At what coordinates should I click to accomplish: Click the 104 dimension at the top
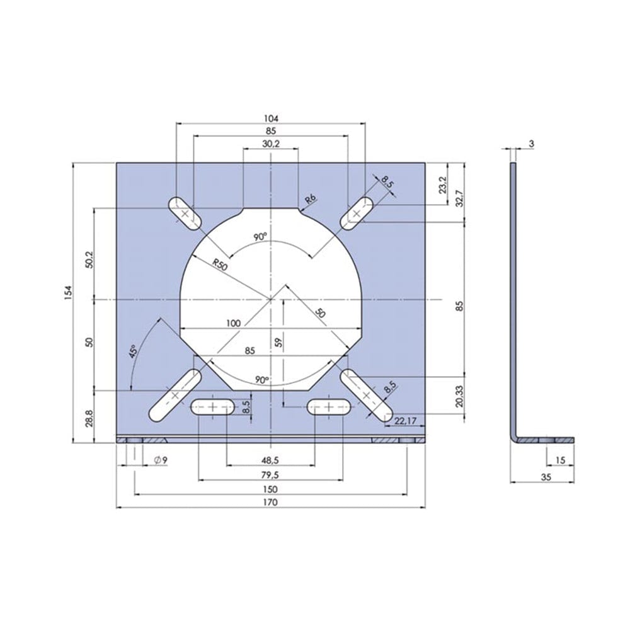click(271, 118)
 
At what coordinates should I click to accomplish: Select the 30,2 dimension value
click(271, 144)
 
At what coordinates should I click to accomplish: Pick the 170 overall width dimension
click(271, 502)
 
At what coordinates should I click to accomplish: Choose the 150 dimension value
click(271, 489)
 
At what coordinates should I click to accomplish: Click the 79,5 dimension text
click(271, 475)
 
